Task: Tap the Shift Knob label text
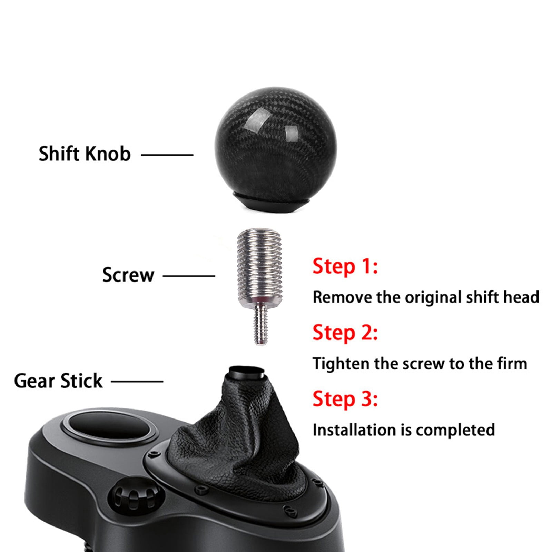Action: click(85, 154)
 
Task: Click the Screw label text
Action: click(128, 275)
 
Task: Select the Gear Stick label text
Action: click(58, 381)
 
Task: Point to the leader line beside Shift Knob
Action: click(167, 155)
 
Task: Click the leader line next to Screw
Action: click(189, 276)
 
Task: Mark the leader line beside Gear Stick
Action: click(137, 382)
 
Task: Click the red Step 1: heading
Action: click(345, 267)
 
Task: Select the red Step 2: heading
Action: click(345, 333)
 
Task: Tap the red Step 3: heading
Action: click(345, 399)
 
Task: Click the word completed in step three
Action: click(455, 430)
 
